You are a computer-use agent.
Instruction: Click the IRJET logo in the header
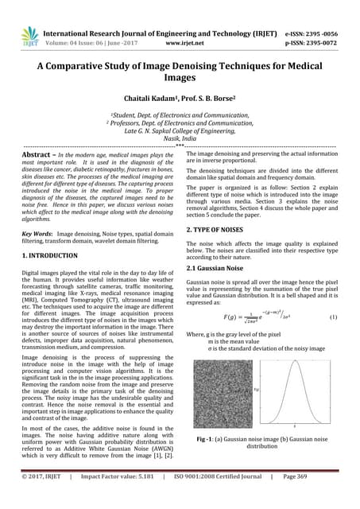coord(30,35)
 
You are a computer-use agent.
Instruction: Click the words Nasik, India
coord(180,137)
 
